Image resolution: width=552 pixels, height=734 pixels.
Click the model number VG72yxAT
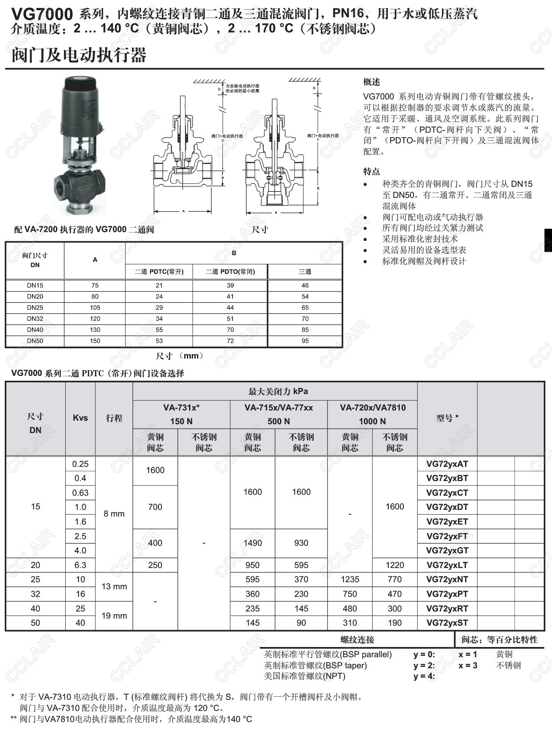447,464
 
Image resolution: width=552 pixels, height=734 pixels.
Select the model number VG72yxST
447,623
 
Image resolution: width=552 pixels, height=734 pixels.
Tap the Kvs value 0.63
80,493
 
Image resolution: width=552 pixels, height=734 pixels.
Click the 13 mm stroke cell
114,586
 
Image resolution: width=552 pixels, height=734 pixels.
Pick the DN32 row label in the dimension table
35,319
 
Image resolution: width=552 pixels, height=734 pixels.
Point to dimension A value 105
95,308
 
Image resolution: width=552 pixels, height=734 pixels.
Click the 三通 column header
305,272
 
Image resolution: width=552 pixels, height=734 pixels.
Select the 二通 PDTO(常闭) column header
230,272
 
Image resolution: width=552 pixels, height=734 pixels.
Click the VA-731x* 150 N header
181,414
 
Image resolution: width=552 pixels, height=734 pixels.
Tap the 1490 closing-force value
252,543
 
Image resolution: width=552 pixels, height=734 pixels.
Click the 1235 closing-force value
350,579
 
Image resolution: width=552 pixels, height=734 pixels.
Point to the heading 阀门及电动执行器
79,55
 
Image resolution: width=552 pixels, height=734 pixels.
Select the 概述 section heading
371,82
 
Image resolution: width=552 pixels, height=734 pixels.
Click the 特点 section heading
371,171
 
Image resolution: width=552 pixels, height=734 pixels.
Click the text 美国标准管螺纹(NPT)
304,676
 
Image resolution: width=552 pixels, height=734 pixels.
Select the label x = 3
468,665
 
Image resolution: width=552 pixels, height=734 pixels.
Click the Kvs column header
80,418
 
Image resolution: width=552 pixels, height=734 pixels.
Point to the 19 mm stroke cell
114,616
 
